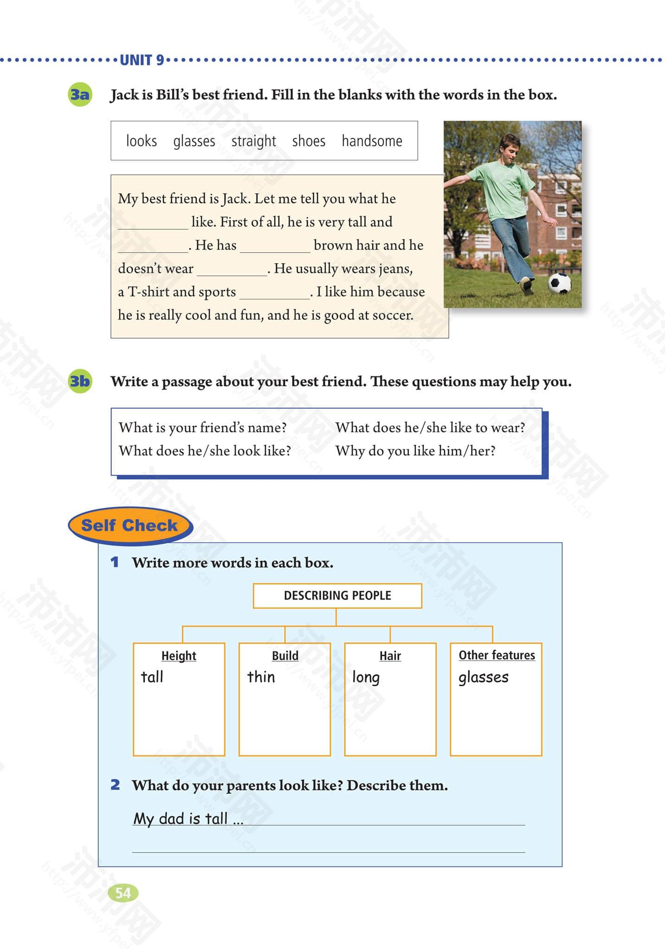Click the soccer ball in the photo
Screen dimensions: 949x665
point(559,283)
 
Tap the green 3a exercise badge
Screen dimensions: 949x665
point(80,95)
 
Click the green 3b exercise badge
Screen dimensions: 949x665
point(80,381)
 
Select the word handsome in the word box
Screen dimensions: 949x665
point(372,141)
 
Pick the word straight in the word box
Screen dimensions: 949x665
point(254,141)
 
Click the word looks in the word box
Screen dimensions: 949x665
point(141,141)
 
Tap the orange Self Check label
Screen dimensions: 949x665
point(129,525)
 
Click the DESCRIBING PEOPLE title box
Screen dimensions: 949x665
point(337,595)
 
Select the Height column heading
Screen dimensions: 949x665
point(179,656)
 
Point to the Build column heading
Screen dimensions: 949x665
point(285,656)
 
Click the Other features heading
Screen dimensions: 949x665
point(497,655)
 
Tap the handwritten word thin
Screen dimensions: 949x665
point(261,677)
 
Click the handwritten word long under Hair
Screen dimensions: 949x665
point(366,677)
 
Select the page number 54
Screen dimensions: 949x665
point(123,892)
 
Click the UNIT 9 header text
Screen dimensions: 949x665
point(142,60)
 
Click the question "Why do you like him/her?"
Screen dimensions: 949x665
point(416,450)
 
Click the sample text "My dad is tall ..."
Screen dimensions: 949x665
point(188,818)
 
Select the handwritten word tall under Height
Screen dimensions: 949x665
point(152,677)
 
